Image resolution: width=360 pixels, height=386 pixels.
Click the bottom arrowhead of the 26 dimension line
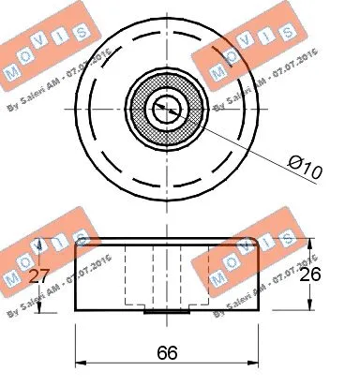click(311, 310)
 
